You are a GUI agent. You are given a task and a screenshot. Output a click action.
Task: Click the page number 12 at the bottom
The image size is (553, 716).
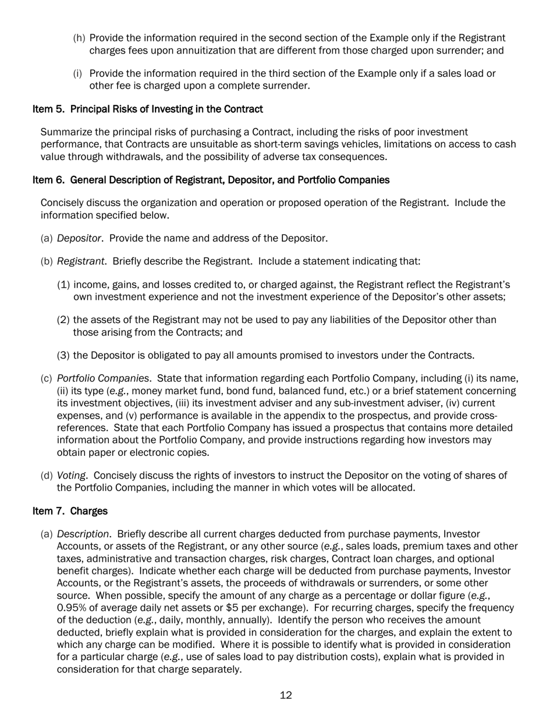point(285,695)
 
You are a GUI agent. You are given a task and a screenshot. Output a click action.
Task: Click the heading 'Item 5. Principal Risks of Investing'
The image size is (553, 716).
point(147,109)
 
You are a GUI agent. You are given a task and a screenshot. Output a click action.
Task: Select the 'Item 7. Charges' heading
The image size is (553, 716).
point(70,511)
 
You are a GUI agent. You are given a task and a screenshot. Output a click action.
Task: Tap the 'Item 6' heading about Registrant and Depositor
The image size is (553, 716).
point(211,180)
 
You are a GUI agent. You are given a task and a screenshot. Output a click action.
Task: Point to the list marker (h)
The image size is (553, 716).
point(79,38)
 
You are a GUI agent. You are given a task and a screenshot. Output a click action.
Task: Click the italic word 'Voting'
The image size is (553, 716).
point(70,476)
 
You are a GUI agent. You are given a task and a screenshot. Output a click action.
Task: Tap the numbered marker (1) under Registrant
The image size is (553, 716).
point(64,285)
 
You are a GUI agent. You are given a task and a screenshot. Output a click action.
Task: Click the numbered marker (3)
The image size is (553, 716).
point(64,355)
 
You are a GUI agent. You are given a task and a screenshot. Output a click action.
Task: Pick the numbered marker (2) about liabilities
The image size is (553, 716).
point(64,320)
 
